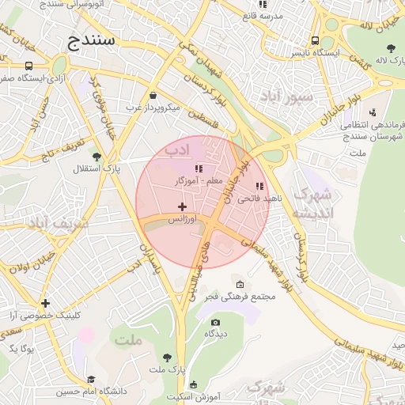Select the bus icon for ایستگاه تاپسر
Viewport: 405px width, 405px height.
pos(316,40)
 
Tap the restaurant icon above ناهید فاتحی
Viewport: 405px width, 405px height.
pos(259,187)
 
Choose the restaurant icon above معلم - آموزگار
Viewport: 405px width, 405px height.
pos(199,168)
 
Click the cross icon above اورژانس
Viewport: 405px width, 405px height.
pos(182,206)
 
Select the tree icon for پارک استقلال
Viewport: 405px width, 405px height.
pos(97,157)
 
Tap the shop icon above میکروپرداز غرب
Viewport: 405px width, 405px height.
pos(152,95)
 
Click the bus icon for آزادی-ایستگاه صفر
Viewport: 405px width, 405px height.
pos(29,66)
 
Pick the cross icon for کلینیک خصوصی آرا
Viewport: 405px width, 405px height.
pos(46,303)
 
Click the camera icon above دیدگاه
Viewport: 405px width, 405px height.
pos(215,322)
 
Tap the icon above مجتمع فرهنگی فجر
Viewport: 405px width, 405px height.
pos(240,285)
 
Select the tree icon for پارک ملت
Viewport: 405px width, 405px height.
pos(167,358)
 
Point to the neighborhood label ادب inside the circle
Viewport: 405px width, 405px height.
pos(177,149)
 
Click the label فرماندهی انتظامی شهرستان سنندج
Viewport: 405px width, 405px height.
pos(372,131)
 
